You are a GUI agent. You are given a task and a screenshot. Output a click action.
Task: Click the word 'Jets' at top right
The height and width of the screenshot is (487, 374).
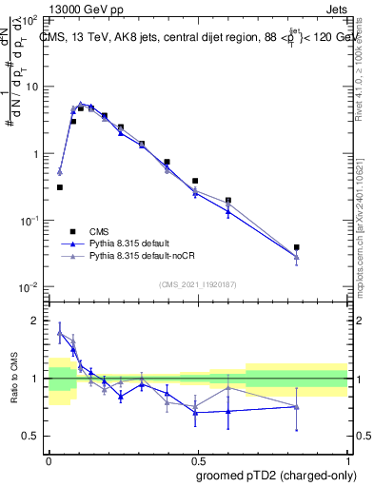pos(338,8)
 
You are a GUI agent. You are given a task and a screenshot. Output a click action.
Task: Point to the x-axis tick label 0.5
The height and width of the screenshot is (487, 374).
pos(197,458)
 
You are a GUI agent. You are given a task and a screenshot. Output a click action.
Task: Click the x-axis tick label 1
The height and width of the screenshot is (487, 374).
pos(346,458)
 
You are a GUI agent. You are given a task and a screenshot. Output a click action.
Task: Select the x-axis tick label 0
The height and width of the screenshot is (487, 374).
pos(49,458)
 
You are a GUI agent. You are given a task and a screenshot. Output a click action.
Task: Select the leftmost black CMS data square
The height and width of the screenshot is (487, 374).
pos(59,187)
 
